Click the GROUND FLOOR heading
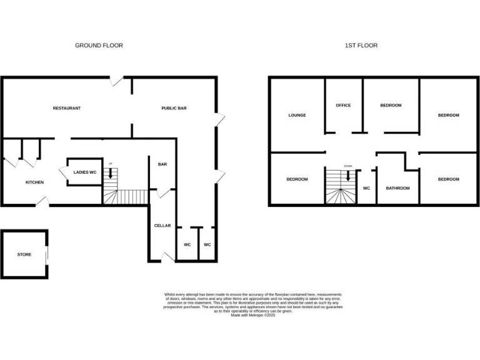coord(99,46)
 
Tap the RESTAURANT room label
coord(66,108)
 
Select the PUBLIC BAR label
coord(174,108)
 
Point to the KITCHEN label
coord(34,182)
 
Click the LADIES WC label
coord(84,172)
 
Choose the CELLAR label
coord(162,226)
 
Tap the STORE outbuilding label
coord(24,254)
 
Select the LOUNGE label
coord(296,116)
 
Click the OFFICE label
coord(343,105)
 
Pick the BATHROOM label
coord(397,188)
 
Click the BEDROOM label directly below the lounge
coord(297,179)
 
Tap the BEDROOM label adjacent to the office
coord(391,105)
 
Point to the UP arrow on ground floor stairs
coord(111,172)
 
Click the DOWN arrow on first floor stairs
coord(347,176)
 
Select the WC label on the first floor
coord(367,188)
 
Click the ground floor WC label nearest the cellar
coord(187,244)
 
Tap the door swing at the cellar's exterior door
coord(166,257)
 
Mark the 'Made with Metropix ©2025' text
coord(253,316)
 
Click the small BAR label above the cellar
coord(162,164)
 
